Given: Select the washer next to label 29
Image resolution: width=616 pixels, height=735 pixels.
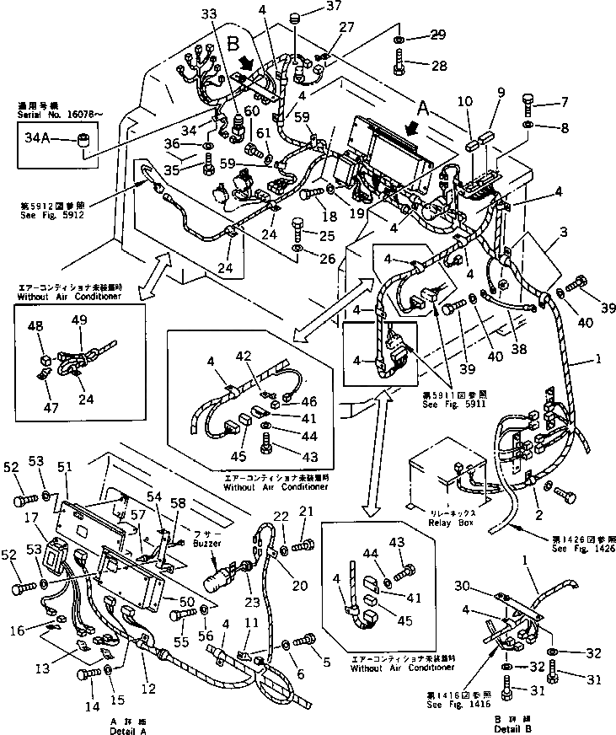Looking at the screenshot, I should point(399,38).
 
